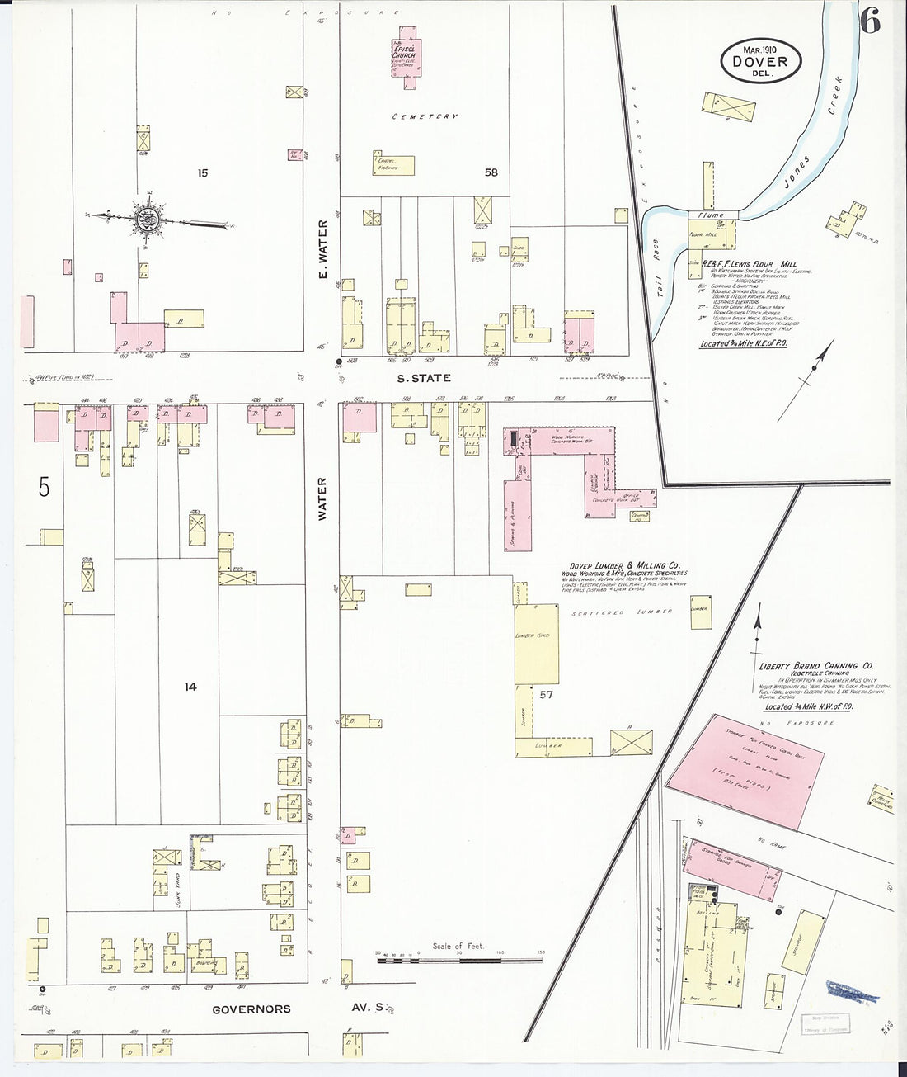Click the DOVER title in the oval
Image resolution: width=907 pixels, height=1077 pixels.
(x=758, y=61)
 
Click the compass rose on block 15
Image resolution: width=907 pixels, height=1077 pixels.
(x=147, y=219)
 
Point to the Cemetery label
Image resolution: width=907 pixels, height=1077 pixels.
(x=425, y=117)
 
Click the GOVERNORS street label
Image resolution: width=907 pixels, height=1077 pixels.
(x=251, y=1009)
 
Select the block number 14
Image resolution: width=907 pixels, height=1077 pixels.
(x=190, y=687)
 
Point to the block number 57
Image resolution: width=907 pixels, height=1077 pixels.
(x=545, y=695)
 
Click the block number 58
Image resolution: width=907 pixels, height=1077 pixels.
(x=491, y=172)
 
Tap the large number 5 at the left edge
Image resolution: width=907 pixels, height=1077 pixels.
(x=44, y=488)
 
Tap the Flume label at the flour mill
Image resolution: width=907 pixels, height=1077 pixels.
(x=710, y=215)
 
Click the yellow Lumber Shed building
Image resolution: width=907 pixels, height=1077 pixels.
(x=536, y=644)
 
